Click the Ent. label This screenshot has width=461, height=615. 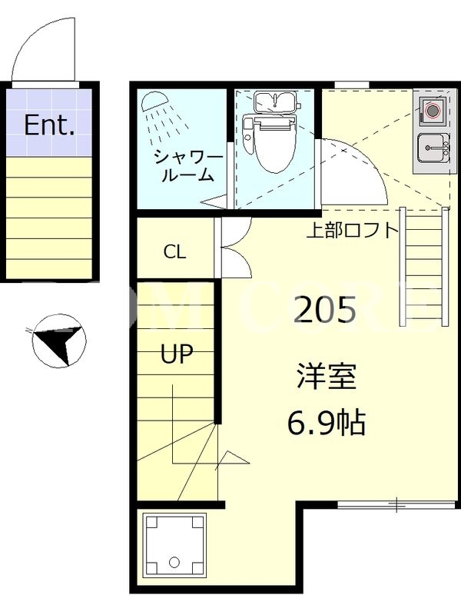(49, 125)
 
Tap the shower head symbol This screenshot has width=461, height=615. (154, 101)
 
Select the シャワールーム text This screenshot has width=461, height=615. (187, 166)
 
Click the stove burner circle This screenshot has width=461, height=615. (432, 111)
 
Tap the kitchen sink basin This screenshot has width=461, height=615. (433, 148)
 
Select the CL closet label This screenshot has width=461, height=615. (174, 251)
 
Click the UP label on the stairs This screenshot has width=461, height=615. (177, 354)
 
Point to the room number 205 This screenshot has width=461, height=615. (325, 309)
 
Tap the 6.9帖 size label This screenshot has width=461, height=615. (327, 424)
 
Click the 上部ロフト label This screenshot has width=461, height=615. (352, 230)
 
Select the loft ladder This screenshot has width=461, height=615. (424, 266)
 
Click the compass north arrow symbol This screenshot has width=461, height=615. (59, 341)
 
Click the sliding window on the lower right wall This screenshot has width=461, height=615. (397, 504)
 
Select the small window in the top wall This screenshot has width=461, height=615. (352, 85)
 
